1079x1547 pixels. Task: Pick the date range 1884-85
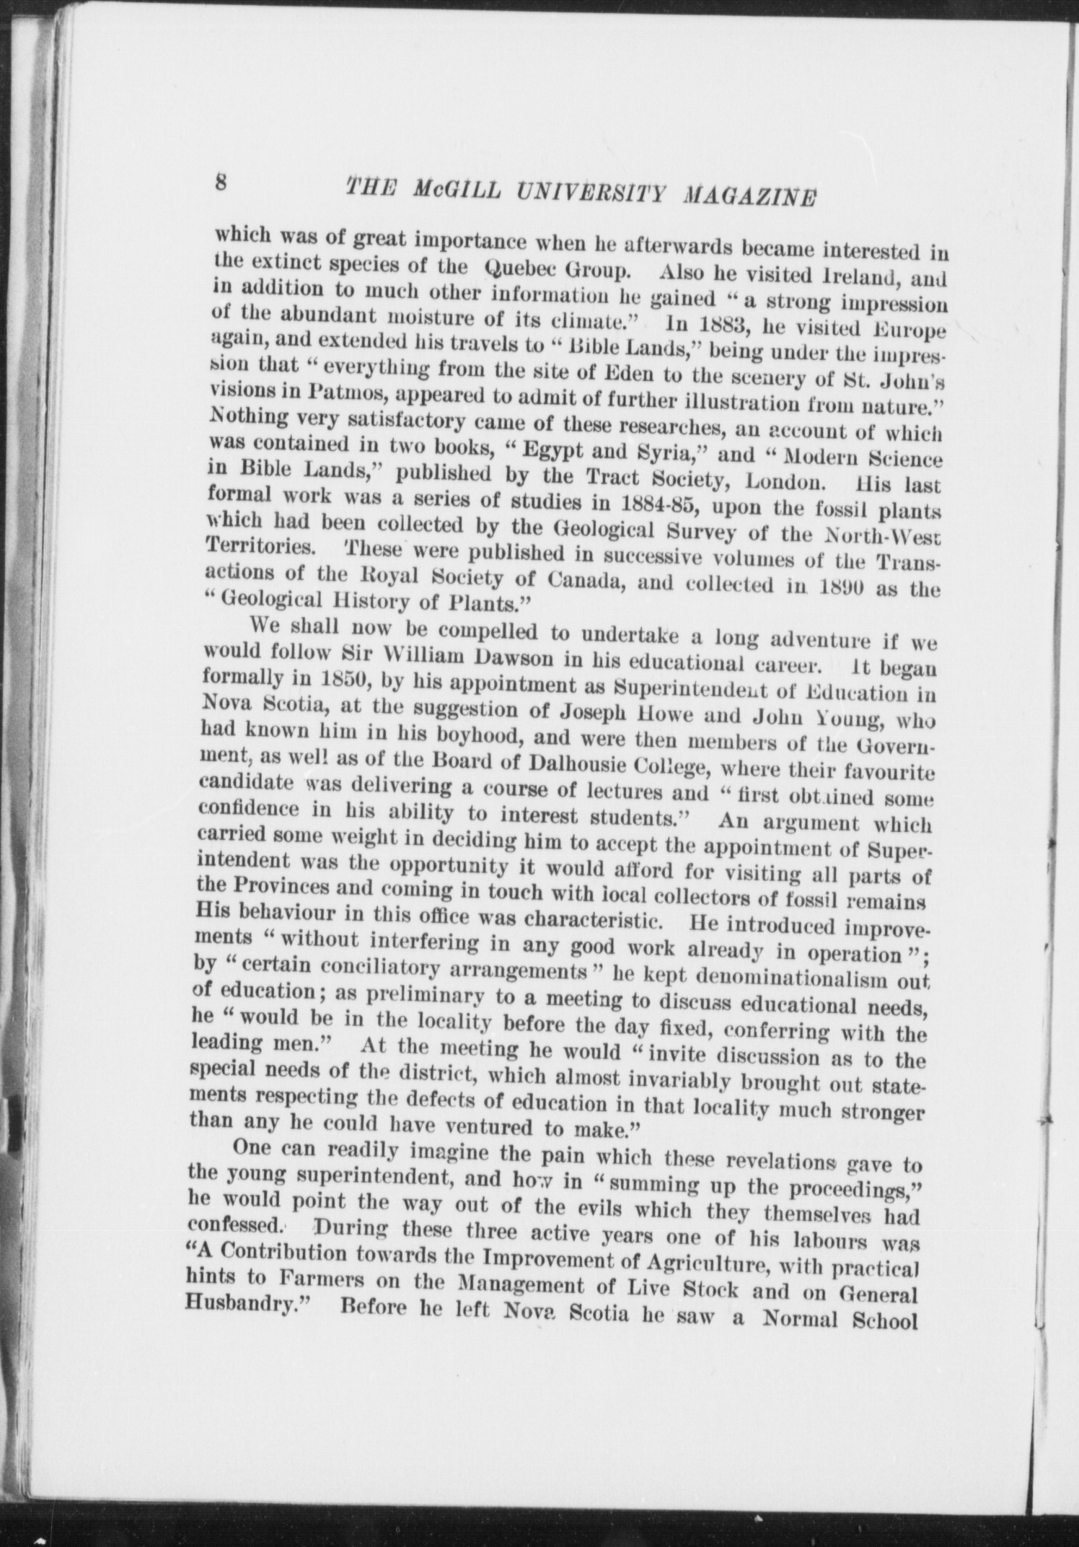click(x=659, y=503)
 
